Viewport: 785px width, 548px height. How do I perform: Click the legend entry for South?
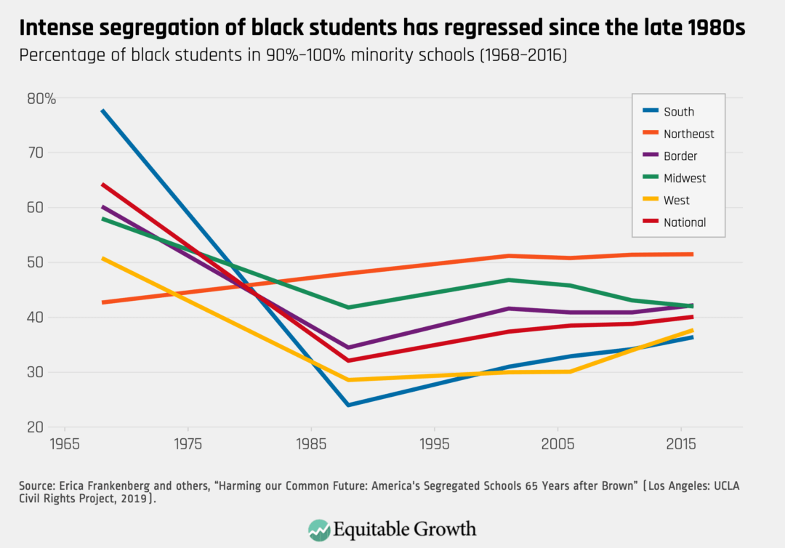678,112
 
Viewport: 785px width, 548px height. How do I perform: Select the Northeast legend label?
688,134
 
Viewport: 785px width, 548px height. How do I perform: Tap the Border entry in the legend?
680,156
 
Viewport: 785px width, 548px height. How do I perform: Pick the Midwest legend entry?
684,178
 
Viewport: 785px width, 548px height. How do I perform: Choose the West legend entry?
676,201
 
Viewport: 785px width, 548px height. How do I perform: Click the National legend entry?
684,222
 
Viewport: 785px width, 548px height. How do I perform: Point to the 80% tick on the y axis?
42,98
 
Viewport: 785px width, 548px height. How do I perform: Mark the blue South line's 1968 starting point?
102,110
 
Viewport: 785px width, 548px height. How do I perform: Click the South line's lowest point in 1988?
348,405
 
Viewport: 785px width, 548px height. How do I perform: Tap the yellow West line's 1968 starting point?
102,258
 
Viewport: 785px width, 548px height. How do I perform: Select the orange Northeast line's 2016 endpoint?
692,254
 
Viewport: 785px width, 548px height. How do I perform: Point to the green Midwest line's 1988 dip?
348,307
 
